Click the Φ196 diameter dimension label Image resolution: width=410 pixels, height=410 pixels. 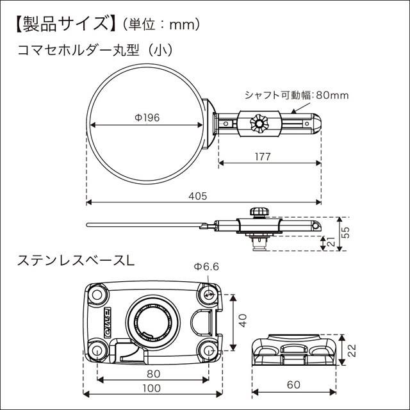click(147, 117)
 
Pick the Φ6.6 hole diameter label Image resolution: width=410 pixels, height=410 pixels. click(207, 267)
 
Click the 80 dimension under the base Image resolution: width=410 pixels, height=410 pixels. click(152, 373)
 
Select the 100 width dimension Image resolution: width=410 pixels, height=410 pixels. click(152, 389)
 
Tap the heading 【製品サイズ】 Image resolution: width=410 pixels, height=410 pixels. click(60, 24)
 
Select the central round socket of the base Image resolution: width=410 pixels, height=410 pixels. click(152, 320)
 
